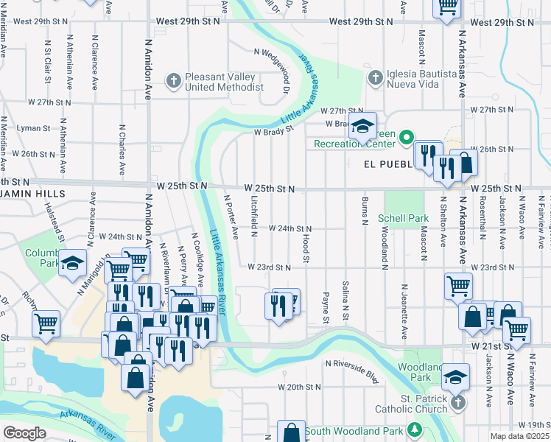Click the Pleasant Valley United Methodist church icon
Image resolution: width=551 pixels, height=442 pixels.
[x=174, y=80]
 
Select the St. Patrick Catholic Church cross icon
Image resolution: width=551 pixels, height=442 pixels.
[x=458, y=402]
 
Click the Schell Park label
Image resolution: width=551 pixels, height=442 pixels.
[x=403, y=218]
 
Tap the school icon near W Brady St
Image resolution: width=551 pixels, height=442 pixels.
[x=362, y=126]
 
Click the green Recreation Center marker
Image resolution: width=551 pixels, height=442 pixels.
[x=405, y=137]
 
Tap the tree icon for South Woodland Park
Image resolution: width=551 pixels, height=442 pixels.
[x=415, y=429]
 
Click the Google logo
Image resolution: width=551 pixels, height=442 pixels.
[x=24, y=433]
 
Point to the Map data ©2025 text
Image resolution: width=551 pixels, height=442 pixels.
[x=519, y=436]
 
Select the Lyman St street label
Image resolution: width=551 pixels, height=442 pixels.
[x=32, y=127]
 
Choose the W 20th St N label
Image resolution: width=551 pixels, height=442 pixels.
[x=302, y=387]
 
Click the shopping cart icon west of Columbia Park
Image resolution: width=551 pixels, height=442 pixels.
[x=46, y=323]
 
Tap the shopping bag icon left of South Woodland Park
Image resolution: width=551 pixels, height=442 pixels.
[x=292, y=432]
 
